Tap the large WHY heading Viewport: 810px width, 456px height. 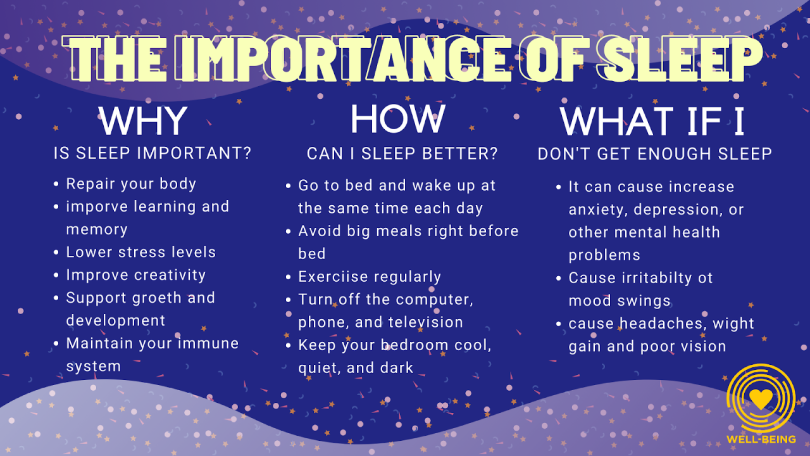tap(144, 121)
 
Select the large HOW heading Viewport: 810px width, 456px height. tap(398, 118)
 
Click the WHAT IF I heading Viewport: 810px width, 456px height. tap(652, 121)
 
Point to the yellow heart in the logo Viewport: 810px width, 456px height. tap(761, 398)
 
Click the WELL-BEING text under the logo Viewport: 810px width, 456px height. tap(761, 440)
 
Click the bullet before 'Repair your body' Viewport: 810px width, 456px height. tap(56, 184)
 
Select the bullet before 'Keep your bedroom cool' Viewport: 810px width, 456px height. tap(288, 345)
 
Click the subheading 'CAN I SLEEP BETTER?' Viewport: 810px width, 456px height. tap(402, 154)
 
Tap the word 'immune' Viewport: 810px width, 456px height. tap(208, 343)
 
